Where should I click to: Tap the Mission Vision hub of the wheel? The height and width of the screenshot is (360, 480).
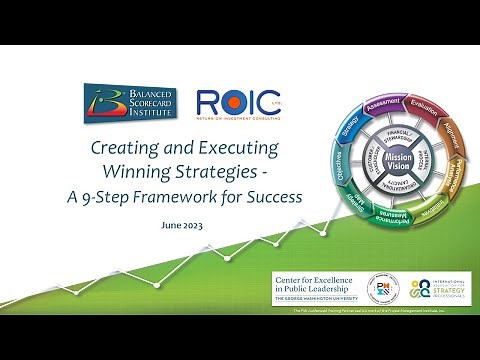tap(399, 164)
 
